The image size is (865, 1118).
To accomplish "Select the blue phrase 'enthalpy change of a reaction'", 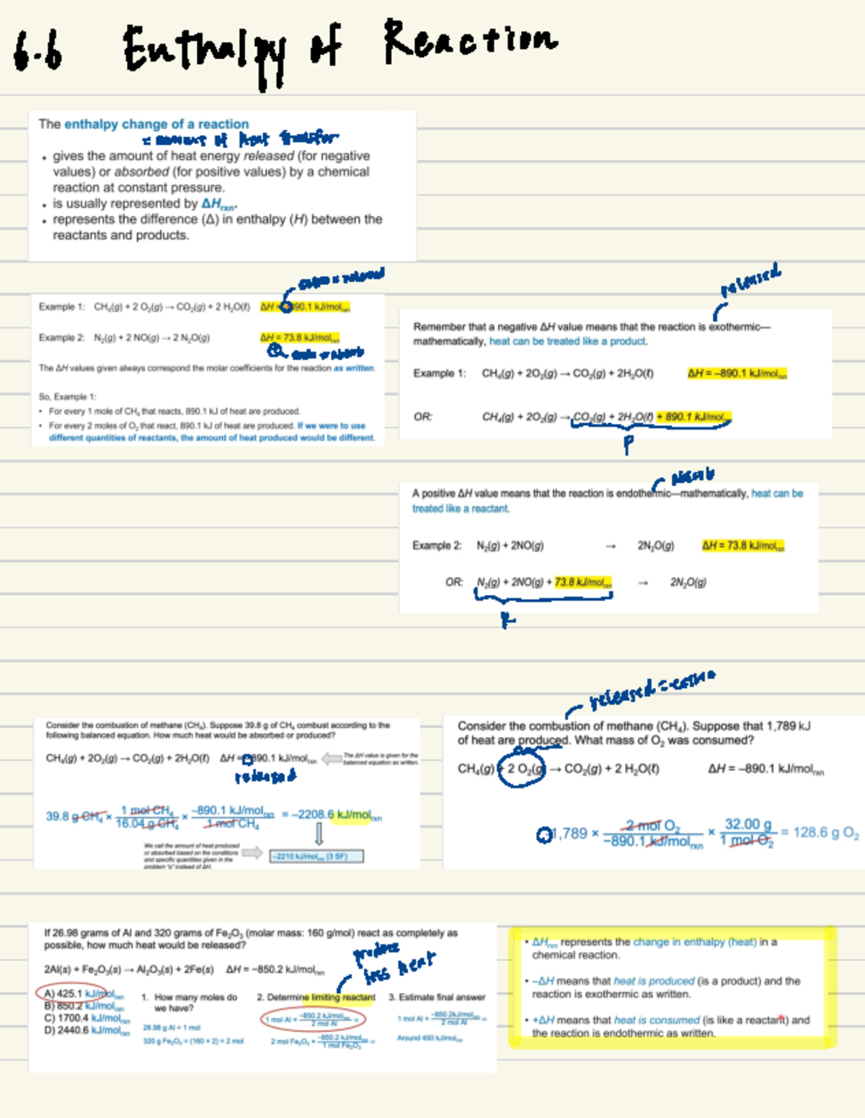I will click(x=156, y=124).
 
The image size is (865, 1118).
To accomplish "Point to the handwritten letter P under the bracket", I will click(x=628, y=443).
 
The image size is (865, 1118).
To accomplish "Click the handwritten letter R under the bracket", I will click(x=507, y=619).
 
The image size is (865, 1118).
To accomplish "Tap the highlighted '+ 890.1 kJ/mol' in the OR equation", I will click(x=693, y=417).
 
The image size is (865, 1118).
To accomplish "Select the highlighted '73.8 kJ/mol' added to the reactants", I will click(x=583, y=582).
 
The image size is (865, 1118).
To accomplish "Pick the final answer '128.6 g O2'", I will click(x=826, y=833).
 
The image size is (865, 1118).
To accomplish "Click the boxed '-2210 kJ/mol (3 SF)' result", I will click(x=316, y=856).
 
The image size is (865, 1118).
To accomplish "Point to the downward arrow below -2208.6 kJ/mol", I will click(x=319, y=833).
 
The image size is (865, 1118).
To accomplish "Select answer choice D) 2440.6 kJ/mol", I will click(x=86, y=1031).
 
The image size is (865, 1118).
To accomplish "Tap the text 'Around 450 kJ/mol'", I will click(x=430, y=1038).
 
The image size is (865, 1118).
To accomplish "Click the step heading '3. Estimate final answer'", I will click(x=437, y=997).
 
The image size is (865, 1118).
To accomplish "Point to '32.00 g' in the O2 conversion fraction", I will click(x=748, y=824).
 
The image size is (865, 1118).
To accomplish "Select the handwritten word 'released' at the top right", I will click(x=750, y=279).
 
